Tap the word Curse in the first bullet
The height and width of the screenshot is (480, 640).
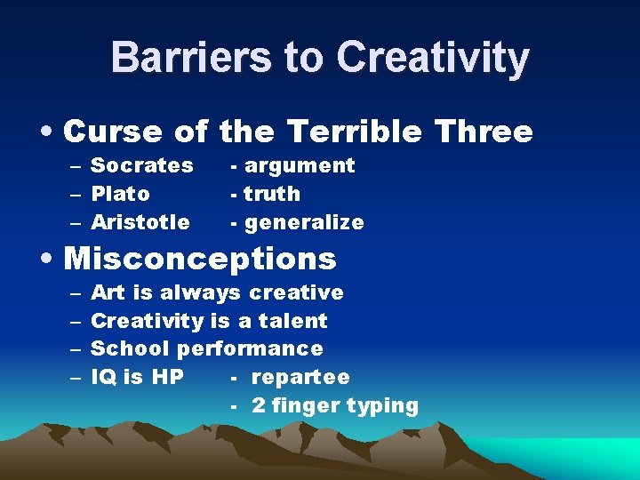tap(113, 132)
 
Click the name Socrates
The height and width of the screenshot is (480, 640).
tap(142, 165)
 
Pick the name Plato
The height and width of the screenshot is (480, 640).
tap(121, 194)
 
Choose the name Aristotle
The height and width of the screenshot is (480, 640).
tap(140, 222)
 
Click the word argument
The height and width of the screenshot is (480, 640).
tap(299, 165)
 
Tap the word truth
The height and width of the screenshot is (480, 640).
tap(272, 194)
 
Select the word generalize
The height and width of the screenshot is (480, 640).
tap(303, 222)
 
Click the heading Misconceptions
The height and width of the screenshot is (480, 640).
tap(200, 259)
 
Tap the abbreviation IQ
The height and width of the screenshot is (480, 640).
tap(104, 377)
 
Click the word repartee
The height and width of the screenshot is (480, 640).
tap(300, 377)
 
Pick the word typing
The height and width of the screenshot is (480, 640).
tap(383, 406)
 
